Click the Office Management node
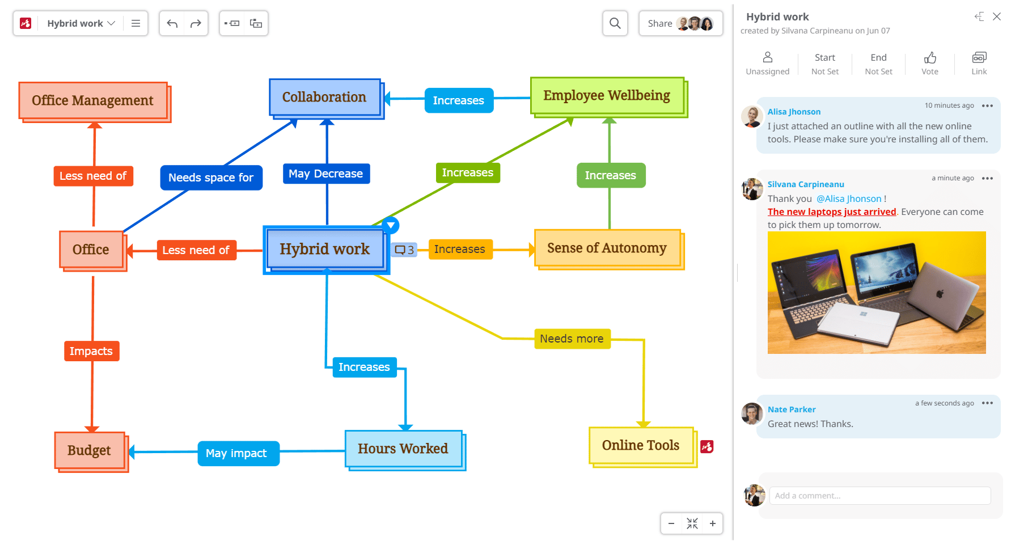[93, 100]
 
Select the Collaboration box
[324, 97]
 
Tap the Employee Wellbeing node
[607, 95]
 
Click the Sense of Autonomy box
[607, 248]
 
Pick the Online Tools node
[641, 445]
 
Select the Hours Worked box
[403, 449]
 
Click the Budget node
[89, 450]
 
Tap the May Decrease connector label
[326, 174]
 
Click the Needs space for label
[211, 178]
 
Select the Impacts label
[91, 351]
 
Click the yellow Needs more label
[572, 339]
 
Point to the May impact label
[236, 453]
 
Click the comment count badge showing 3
[405, 250]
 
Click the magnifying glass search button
[615, 23]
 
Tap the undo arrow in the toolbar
[172, 23]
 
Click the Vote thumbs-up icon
[930, 58]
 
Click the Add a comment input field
[879, 496]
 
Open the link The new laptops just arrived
[832, 212]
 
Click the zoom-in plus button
[713, 523]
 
